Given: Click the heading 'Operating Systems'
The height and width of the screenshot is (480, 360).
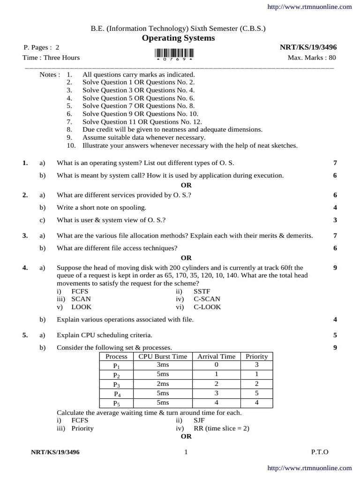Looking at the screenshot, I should point(178,38).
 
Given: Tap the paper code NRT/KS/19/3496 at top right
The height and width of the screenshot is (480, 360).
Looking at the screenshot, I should point(308,47).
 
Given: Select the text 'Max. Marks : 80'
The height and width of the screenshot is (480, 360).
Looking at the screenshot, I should point(312,58).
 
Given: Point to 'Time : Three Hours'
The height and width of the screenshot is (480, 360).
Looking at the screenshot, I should point(51,58).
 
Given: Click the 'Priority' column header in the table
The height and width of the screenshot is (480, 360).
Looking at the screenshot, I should point(256,356).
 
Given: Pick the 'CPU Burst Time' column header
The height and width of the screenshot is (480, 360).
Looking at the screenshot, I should point(163,356).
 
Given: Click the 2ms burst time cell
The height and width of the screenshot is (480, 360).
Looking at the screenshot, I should point(163,384).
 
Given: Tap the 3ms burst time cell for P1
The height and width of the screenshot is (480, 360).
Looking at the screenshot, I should point(163,365).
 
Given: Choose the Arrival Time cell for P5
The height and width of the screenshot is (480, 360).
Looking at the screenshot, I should point(216,403).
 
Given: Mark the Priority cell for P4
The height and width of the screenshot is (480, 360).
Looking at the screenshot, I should point(256,393).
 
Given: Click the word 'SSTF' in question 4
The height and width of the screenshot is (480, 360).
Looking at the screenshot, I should point(202,291).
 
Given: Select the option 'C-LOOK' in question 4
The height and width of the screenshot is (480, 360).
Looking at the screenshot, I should point(207,307).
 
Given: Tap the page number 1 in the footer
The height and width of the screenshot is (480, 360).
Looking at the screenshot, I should point(186,452).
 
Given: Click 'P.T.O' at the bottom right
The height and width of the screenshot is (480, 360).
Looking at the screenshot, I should point(320,452).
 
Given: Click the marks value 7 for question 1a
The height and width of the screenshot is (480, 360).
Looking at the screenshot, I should point(335,163).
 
